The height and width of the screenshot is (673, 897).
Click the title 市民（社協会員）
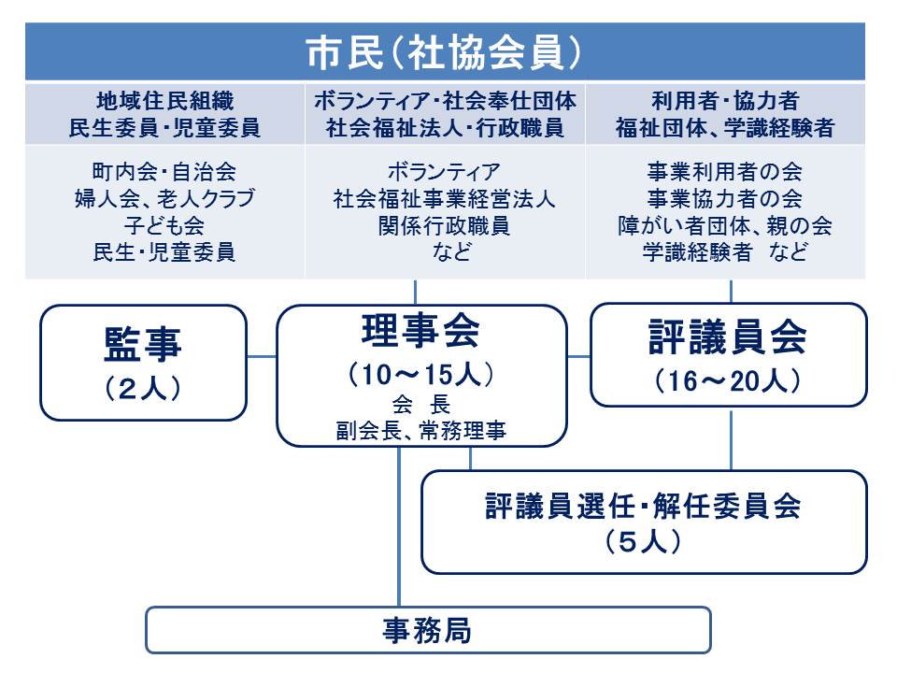point(444,52)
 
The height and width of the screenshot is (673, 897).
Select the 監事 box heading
point(142,345)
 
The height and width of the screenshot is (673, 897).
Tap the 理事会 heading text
point(420,331)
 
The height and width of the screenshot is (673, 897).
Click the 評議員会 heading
point(728,336)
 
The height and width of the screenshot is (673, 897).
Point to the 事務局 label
point(427,631)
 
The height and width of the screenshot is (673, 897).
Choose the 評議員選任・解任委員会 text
point(643,506)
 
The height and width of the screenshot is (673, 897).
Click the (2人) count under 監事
point(142,389)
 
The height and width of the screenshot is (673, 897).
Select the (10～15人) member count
point(420,375)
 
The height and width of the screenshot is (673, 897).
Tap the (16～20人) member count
point(728,380)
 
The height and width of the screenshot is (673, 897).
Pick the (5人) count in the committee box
point(643,541)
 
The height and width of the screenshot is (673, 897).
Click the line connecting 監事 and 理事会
point(262,357)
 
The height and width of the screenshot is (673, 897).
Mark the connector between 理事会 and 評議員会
point(579,357)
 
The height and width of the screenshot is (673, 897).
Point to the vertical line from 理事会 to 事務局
point(399,526)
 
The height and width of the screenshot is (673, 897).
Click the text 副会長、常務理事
point(421,430)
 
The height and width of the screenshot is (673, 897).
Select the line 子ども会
point(164,225)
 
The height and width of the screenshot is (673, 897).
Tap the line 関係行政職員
point(444,225)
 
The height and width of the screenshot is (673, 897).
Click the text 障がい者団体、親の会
point(725,225)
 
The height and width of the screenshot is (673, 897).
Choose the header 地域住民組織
point(164,101)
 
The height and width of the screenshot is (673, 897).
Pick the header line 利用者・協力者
point(725,101)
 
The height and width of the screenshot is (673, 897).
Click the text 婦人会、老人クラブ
point(164,198)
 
